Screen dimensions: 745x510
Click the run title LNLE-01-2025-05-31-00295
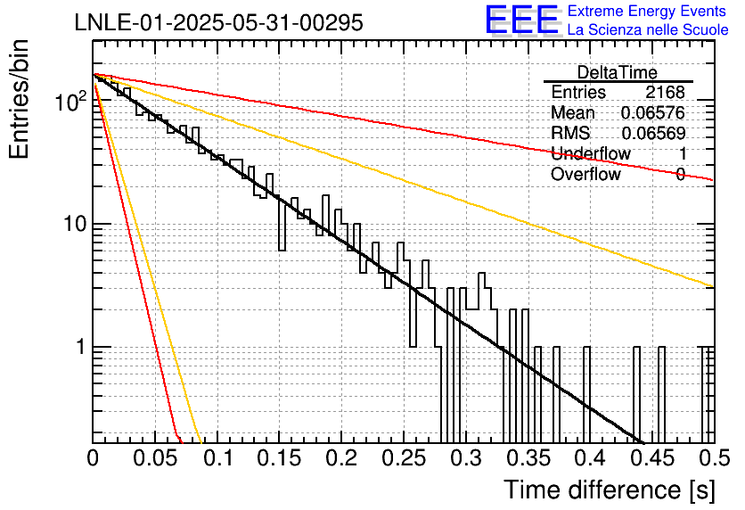click(x=219, y=22)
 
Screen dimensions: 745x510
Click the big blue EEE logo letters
click(x=522, y=20)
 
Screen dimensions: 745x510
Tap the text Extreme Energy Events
click(x=647, y=11)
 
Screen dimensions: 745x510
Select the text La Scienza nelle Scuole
click(x=648, y=29)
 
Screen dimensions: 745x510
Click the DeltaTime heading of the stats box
click(x=618, y=72)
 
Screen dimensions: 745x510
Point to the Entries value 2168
click(x=665, y=92)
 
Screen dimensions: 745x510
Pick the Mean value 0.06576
click(x=653, y=112)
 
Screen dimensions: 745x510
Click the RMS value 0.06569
click(x=653, y=134)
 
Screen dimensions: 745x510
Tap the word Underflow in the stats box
click(x=591, y=153)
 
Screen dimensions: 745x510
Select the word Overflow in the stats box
click(x=585, y=174)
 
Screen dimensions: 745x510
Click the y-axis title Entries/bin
click(x=19, y=99)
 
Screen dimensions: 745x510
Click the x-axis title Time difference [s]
click(x=610, y=490)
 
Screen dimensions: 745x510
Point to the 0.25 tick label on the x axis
click(x=404, y=458)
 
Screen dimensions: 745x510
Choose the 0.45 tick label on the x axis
click(x=653, y=458)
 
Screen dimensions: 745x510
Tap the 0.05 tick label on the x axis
click(x=155, y=458)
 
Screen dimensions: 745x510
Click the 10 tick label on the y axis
click(x=75, y=224)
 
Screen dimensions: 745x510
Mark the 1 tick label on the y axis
click(x=81, y=347)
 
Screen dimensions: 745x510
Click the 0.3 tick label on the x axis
click(x=466, y=458)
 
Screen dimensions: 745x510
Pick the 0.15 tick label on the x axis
click(x=280, y=458)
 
